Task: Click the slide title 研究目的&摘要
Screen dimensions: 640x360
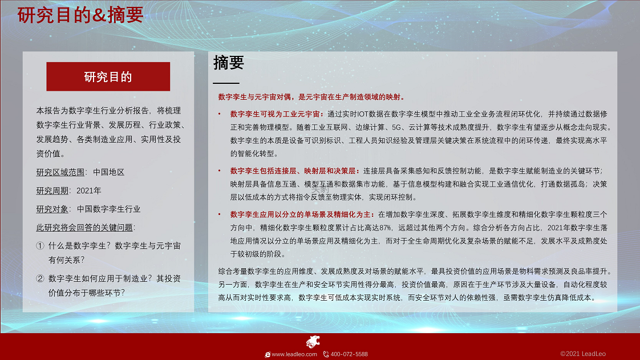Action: [x=80, y=15]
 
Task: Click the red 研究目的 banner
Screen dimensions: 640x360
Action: [x=108, y=76]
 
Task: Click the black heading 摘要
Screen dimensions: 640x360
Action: [x=229, y=62]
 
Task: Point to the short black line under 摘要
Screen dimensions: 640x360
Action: [x=226, y=83]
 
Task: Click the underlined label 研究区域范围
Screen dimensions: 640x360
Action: [x=60, y=172]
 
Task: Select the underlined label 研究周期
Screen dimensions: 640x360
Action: [x=52, y=191]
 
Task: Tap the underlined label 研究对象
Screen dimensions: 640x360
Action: [x=52, y=209]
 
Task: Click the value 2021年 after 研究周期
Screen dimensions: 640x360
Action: [x=89, y=191]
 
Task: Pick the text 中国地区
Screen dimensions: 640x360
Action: [x=108, y=172]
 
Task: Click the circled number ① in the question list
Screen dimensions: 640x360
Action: [x=40, y=246]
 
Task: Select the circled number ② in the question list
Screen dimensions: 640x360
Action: [x=40, y=278]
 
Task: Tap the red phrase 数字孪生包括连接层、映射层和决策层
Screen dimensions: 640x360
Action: [x=293, y=171]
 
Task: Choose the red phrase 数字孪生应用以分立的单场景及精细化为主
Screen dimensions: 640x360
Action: [x=301, y=215]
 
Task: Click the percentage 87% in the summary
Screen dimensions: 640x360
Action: [x=385, y=228]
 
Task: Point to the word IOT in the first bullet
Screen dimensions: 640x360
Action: [x=363, y=114]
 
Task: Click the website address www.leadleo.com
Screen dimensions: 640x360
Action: [x=294, y=354]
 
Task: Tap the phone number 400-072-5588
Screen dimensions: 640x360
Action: [x=349, y=354]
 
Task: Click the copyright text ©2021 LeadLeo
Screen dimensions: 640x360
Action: [x=583, y=354]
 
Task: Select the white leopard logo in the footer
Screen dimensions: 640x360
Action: [x=313, y=342]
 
